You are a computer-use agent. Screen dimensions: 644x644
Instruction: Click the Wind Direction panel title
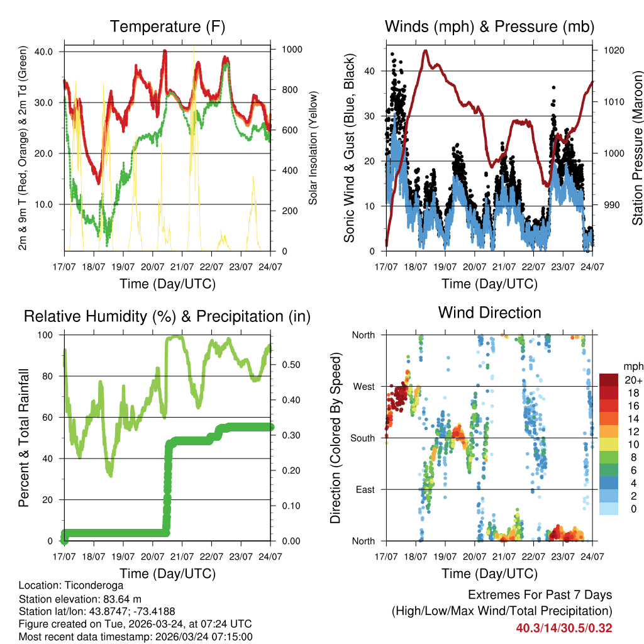(489, 312)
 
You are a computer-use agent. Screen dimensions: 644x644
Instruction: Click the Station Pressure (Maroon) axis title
(637, 148)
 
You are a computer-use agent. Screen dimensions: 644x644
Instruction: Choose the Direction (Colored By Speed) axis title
(335, 438)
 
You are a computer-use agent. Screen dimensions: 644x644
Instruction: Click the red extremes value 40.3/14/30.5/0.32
(564, 628)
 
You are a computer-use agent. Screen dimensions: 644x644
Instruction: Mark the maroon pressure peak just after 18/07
(426, 50)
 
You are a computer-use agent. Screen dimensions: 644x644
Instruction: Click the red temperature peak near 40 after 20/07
(165, 52)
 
